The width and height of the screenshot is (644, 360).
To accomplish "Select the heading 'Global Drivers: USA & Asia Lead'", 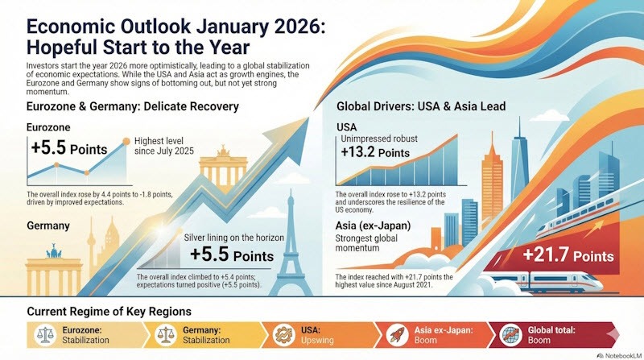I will coord(433,110).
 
